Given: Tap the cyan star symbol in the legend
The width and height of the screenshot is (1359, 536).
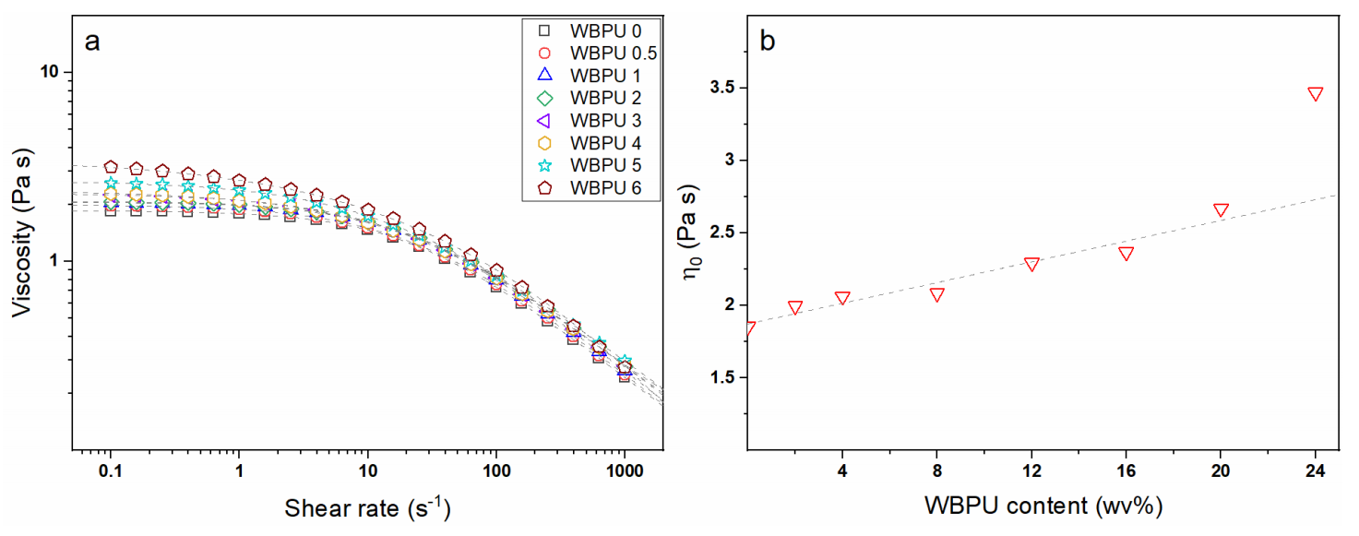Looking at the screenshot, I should click(x=544, y=165).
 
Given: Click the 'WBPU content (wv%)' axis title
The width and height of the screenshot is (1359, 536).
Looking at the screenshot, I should click(x=1040, y=506).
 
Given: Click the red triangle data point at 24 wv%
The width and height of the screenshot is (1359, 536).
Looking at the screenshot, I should click(x=1316, y=93).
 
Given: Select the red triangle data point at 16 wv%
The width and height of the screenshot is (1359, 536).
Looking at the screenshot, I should click(x=1126, y=253).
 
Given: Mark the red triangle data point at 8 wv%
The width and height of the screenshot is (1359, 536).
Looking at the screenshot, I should click(x=936, y=294).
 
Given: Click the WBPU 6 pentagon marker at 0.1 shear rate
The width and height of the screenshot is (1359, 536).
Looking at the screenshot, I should click(x=111, y=167).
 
